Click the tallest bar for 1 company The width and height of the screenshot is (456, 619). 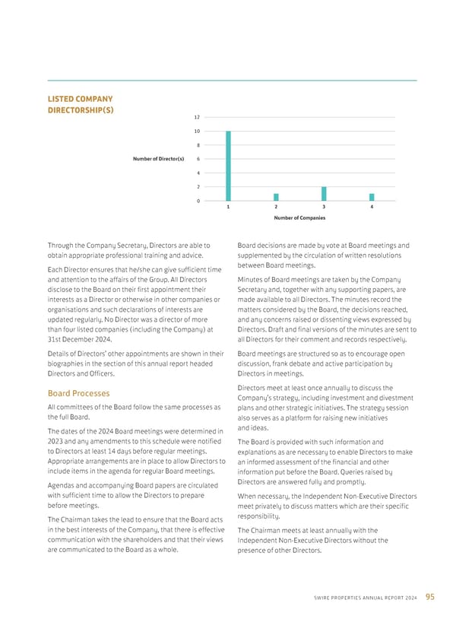tap(228, 166)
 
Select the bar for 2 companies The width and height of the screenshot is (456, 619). tap(276, 197)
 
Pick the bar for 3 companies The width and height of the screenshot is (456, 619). tap(324, 193)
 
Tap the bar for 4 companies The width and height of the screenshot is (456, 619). tap(372, 197)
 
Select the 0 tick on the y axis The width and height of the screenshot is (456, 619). tap(198, 201)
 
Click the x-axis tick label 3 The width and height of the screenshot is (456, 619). tap(324, 207)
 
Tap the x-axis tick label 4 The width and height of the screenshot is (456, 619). tap(372, 207)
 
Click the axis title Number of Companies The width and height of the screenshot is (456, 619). tap(299, 217)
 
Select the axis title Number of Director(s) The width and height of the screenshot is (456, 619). tap(158, 159)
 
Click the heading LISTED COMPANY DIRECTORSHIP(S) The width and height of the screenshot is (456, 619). tap(81, 104)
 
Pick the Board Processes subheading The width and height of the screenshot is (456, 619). tap(79, 393)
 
